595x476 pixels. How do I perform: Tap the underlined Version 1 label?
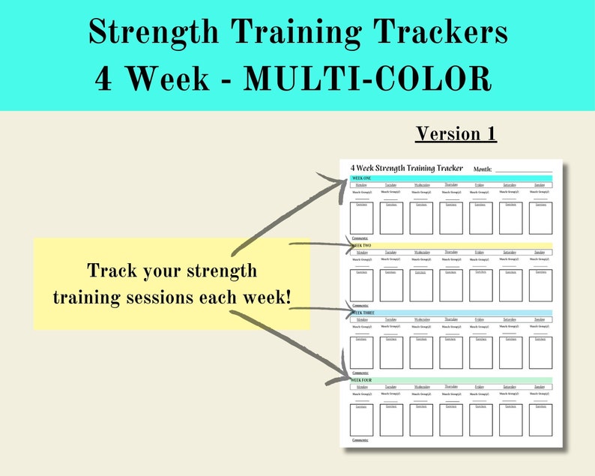[456, 133]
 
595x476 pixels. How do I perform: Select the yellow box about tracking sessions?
[172, 283]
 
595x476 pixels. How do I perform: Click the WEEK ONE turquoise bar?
[450, 178]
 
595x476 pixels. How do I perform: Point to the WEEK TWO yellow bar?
[450, 246]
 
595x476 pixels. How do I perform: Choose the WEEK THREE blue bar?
[450, 313]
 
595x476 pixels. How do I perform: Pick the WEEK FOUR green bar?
[450, 380]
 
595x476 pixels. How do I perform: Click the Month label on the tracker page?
[483, 169]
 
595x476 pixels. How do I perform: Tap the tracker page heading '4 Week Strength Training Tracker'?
[406, 168]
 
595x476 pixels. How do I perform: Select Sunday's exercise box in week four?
[540, 420]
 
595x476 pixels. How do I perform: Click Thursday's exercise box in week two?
[451, 286]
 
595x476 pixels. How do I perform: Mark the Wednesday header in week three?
[421, 319]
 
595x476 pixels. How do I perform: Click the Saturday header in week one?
[510, 184]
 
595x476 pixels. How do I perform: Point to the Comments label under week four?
[360, 440]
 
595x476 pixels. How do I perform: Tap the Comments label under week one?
[360, 238]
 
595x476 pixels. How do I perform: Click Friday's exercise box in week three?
[480, 352]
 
